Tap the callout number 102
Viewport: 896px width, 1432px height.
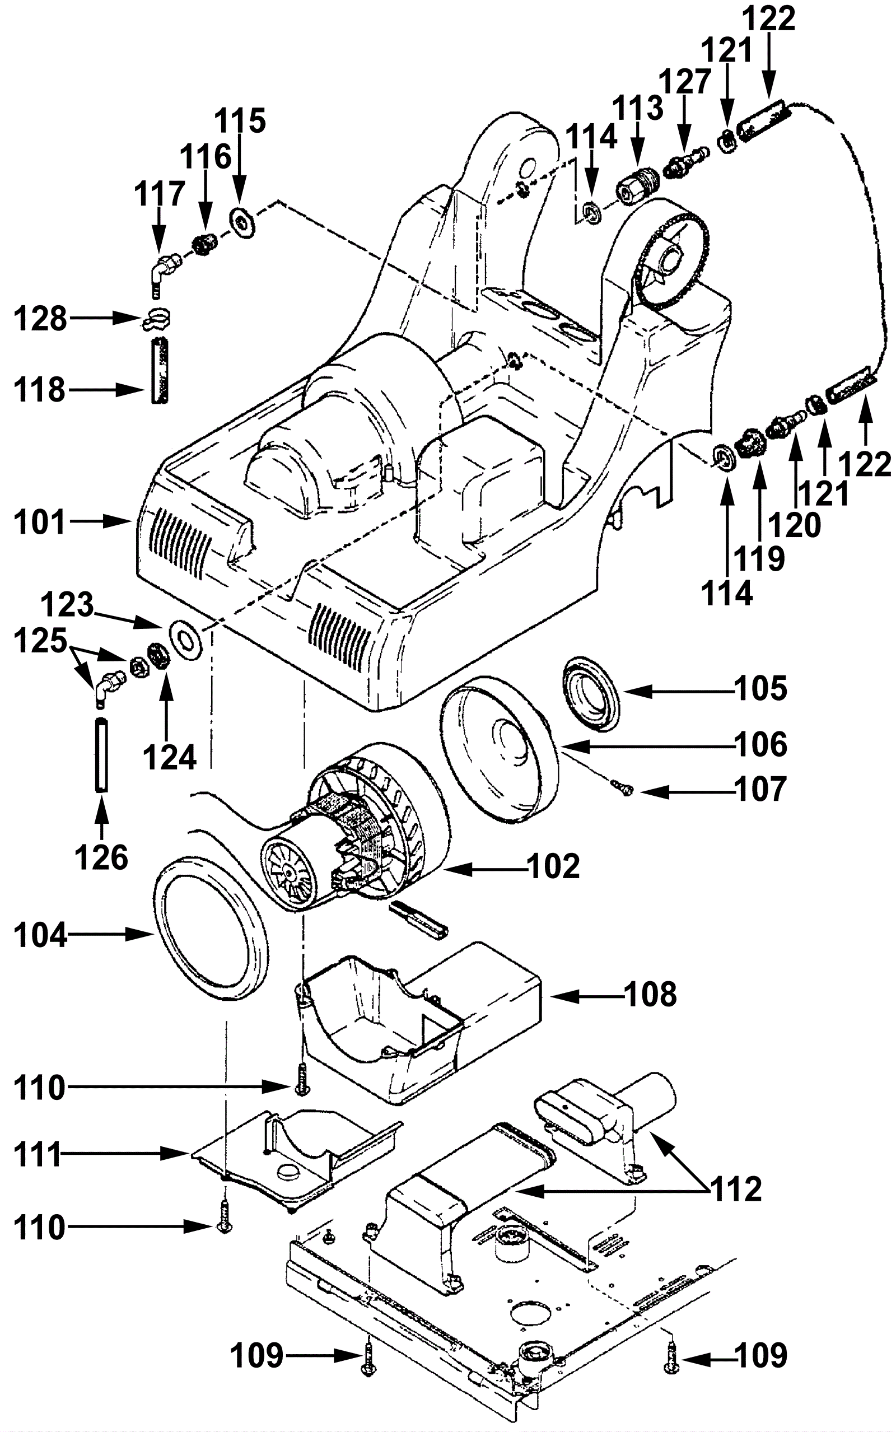click(553, 867)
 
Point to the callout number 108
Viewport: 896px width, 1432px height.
click(651, 994)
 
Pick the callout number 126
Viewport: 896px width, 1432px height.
click(101, 857)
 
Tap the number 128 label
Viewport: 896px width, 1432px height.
click(40, 319)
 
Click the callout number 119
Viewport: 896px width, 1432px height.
click(759, 558)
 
